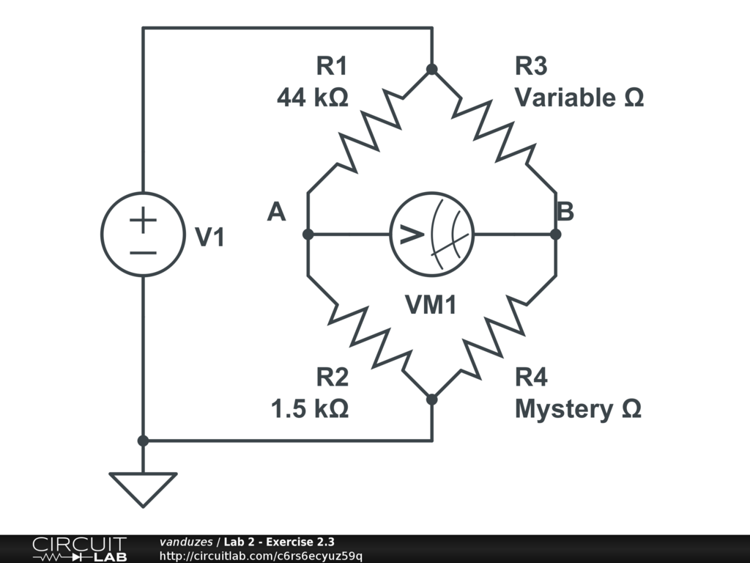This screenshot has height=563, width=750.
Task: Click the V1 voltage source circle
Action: point(143,235)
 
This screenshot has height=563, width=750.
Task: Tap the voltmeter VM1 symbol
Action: point(431,235)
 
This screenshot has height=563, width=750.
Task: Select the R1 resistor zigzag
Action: point(370,132)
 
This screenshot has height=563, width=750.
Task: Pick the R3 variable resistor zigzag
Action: point(494,132)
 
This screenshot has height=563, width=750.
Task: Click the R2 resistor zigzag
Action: point(370,337)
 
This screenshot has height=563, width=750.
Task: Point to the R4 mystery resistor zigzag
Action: point(494,337)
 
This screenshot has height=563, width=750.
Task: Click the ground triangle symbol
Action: point(143,487)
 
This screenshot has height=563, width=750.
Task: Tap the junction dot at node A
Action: point(308,235)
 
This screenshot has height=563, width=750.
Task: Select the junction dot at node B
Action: point(555,235)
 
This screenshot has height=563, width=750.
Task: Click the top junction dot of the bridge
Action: point(432,70)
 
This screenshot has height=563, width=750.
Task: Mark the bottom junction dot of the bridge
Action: point(432,400)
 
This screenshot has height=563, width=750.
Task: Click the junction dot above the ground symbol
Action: point(143,441)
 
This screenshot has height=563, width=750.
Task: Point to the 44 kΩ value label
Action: point(313,97)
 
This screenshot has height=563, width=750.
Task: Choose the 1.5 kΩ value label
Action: point(310,408)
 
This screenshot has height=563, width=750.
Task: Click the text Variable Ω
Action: point(579,97)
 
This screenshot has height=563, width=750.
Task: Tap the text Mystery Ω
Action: point(578,408)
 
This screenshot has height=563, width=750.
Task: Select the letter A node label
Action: point(276,213)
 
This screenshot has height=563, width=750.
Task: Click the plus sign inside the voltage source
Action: point(144,221)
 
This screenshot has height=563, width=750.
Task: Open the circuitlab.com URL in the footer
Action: point(261,556)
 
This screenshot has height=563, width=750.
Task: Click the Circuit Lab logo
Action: point(79,549)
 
